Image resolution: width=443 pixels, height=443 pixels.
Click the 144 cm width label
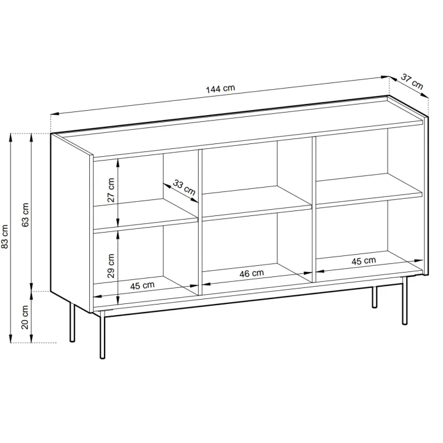(220, 89)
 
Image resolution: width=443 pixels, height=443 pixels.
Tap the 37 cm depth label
(412, 82)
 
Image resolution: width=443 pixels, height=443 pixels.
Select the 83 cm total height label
(5, 237)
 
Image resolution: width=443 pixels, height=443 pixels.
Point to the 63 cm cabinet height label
(25, 215)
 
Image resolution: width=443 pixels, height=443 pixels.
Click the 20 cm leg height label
(25, 317)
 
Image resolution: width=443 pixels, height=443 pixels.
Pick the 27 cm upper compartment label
(111, 190)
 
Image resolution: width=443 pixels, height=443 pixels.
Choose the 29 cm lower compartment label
(111, 266)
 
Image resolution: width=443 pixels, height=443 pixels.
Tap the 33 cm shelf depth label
(184, 187)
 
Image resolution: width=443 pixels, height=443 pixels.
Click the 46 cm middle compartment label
(252, 273)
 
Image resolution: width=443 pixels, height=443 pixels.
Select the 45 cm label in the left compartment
(142, 285)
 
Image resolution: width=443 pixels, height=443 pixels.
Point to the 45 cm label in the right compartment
(364, 261)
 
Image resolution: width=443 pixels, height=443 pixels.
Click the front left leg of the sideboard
(103, 335)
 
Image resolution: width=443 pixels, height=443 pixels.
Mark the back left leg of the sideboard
(73, 322)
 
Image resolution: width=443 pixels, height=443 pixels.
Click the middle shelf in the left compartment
(145, 214)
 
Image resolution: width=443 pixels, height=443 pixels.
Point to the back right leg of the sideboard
(374, 297)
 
